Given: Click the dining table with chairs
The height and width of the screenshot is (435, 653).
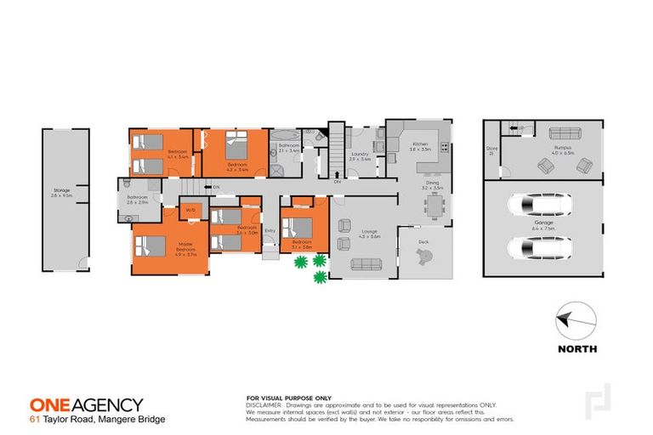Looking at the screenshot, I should tap(437, 206).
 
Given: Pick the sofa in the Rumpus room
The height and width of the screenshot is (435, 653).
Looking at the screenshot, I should tap(565, 133).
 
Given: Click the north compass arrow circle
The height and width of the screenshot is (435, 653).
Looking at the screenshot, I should tap(576, 323).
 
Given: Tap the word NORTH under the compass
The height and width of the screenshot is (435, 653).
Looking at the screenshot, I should tap(576, 349).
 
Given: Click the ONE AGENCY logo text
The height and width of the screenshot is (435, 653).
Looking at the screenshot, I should tap(86, 405).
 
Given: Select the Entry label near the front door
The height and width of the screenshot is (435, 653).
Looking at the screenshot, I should tap(270, 230).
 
